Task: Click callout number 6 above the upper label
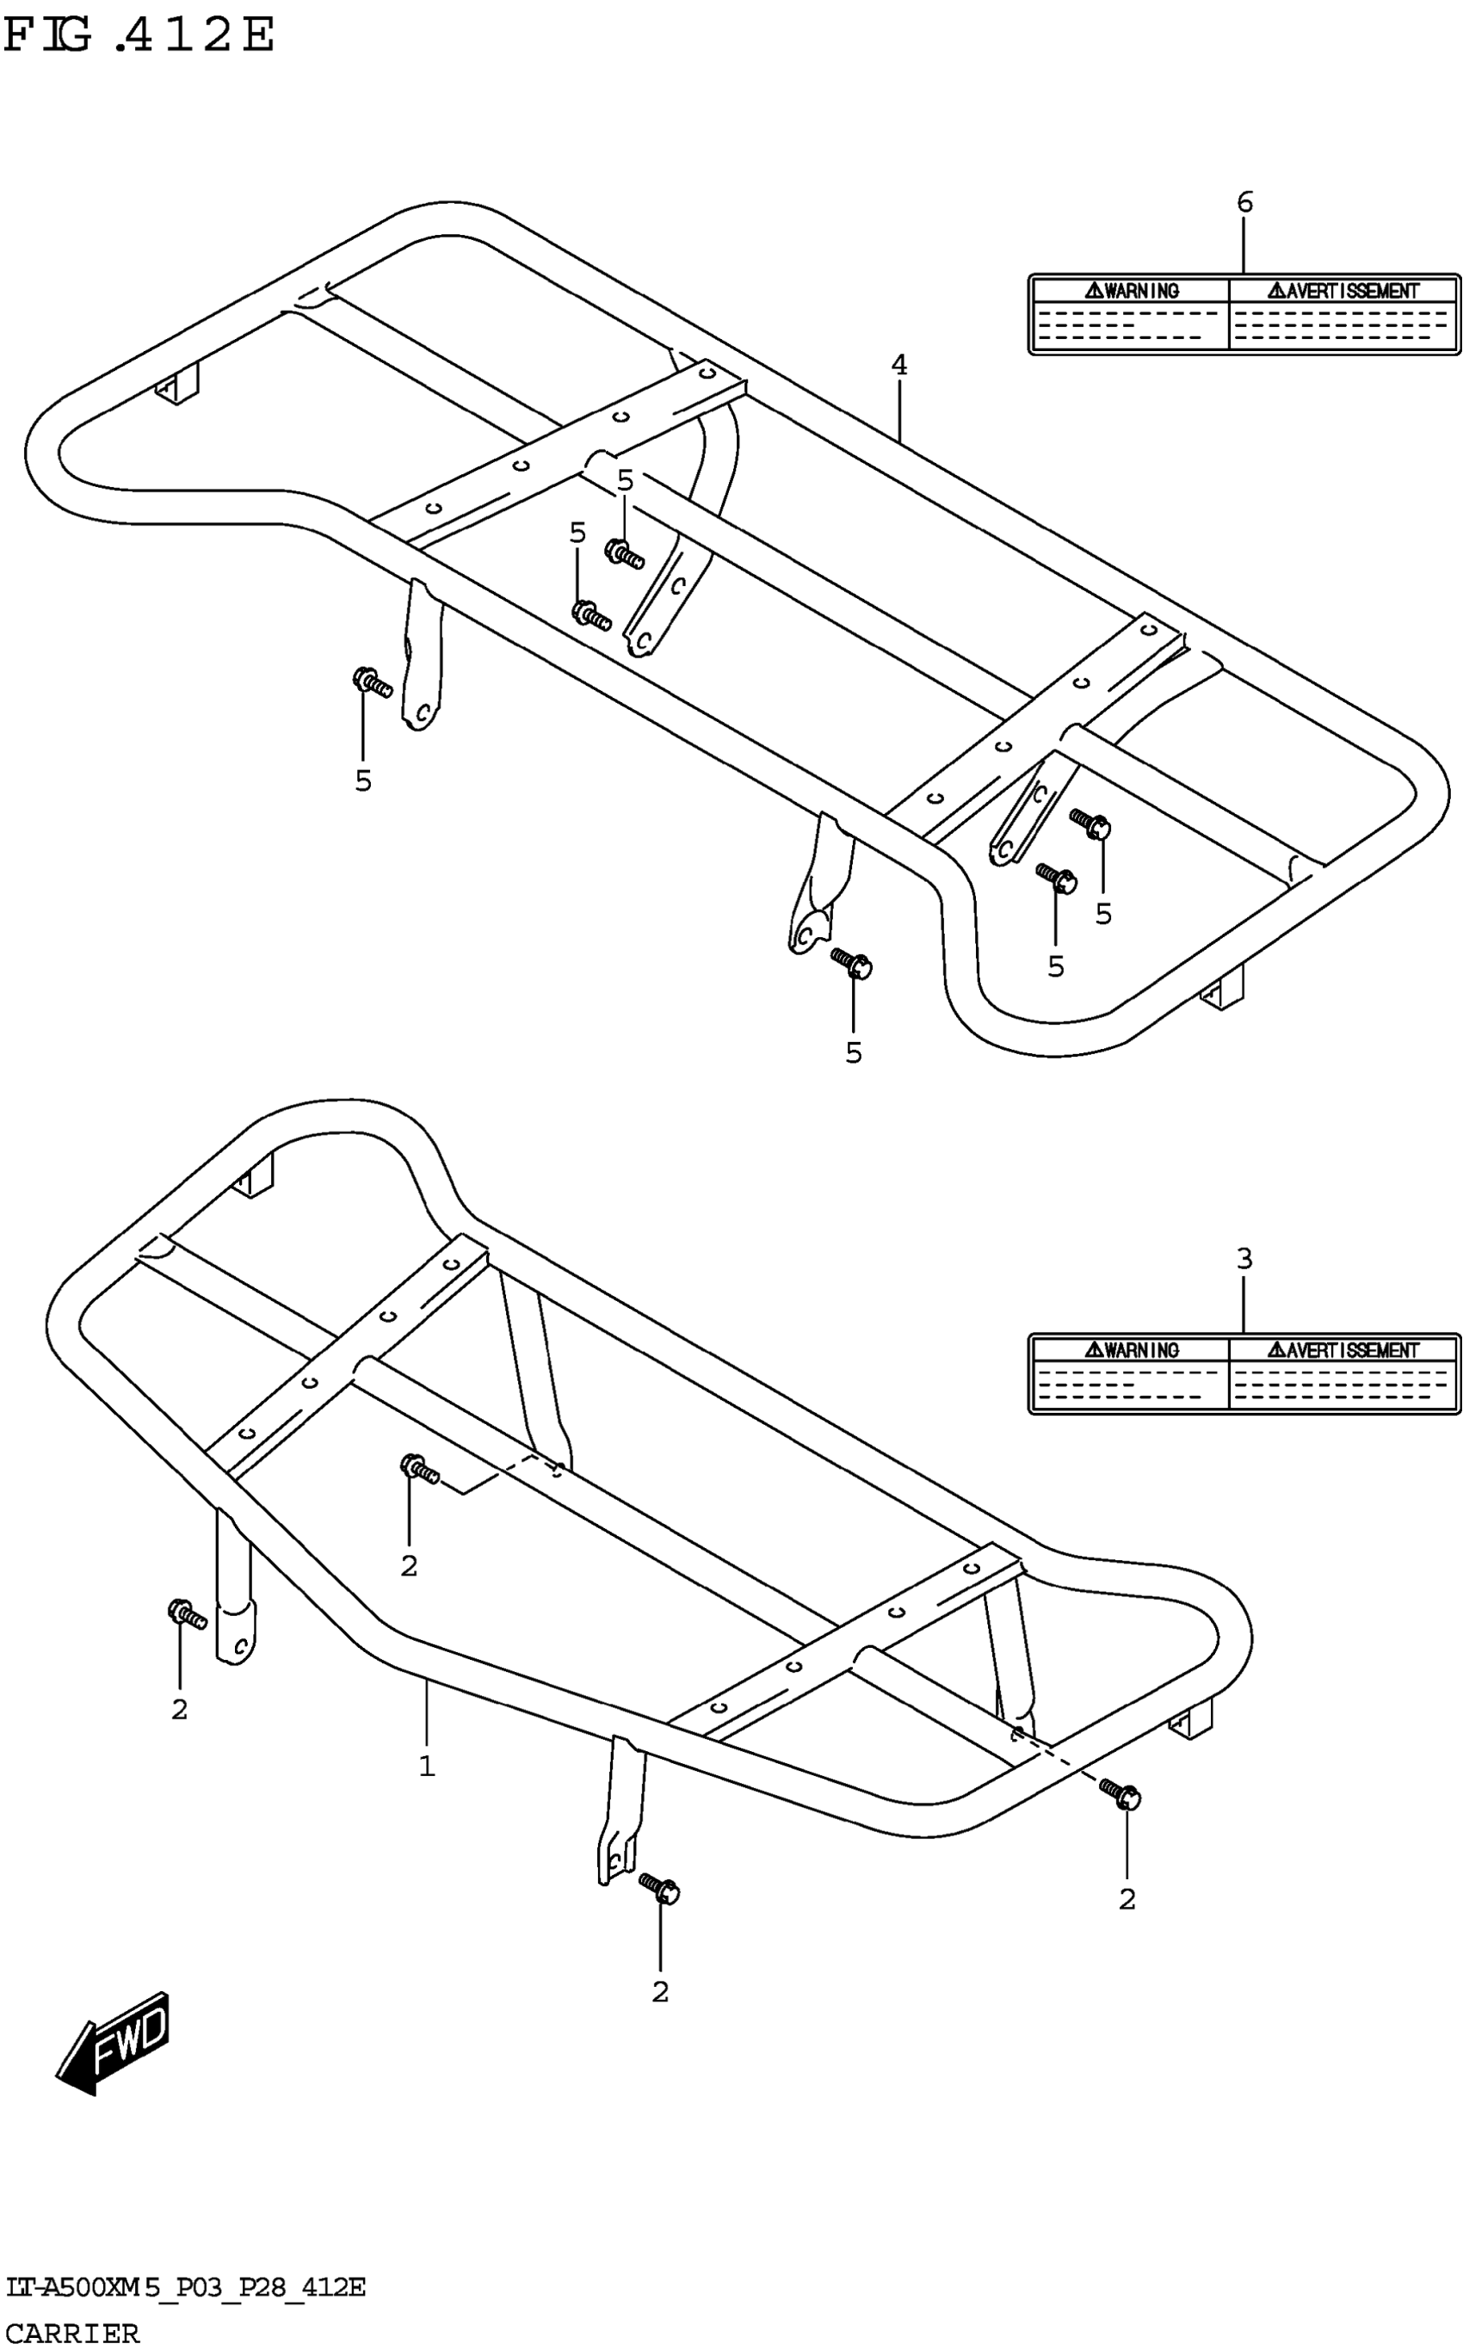click(1244, 202)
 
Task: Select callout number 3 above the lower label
click(1244, 1259)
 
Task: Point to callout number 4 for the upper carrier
click(899, 366)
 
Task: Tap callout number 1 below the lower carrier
click(427, 1767)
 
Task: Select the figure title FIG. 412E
click(139, 36)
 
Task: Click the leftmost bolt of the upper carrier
click(372, 682)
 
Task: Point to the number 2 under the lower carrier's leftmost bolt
click(179, 1710)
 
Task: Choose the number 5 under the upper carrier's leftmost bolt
click(363, 780)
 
